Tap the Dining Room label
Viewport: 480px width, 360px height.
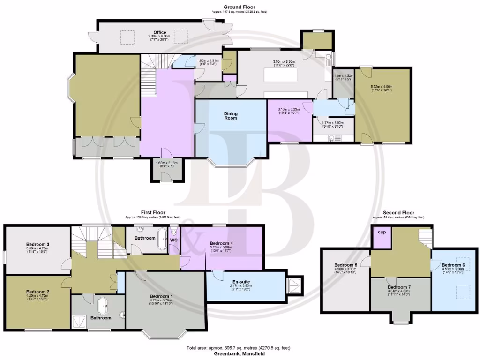(231, 116)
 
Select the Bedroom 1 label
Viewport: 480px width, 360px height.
(161, 296)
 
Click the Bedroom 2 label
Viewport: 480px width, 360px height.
(37, 291)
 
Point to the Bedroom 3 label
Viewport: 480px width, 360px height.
(38, 244)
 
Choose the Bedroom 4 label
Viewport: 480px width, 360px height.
(221, 243)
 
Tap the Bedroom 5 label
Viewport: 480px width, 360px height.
(346, 265)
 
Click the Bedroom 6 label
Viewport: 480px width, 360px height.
(453, 265)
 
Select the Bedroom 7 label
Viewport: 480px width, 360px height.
(400, 287)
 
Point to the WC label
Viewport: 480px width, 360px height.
(173, 240)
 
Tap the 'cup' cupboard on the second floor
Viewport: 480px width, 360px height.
(381, 232)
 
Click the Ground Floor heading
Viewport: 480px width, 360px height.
(239, 7)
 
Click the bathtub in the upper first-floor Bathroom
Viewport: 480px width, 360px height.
(163, 238)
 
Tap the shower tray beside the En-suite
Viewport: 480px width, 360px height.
(295, 284)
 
